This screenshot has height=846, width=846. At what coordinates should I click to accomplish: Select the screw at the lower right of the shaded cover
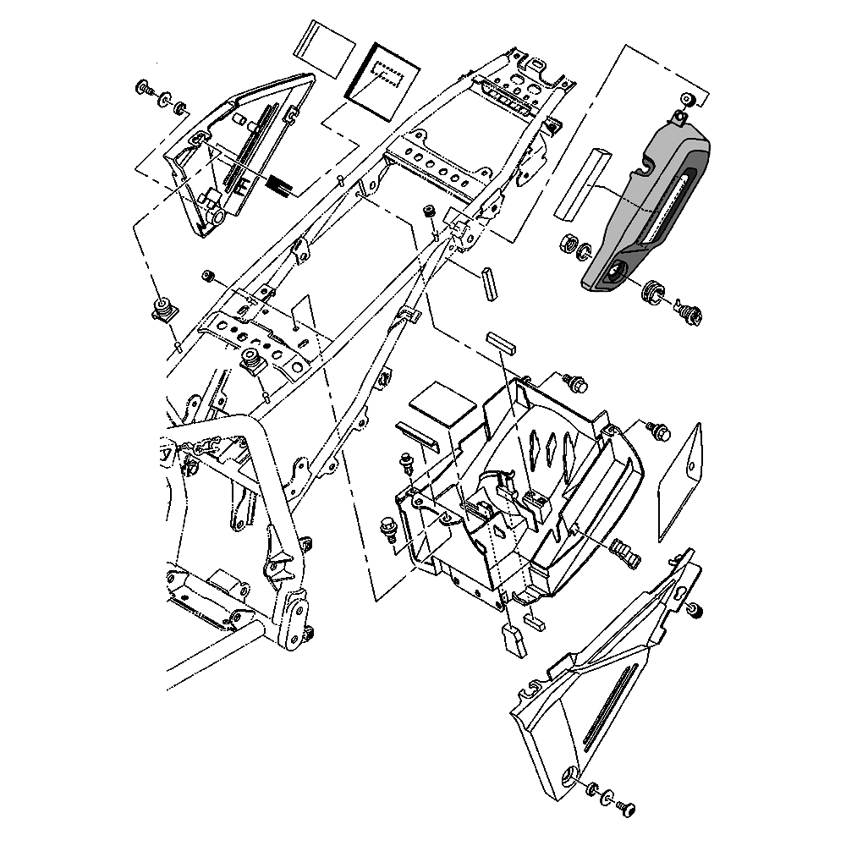(690, 312)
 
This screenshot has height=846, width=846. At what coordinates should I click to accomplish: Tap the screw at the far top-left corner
(144, 87)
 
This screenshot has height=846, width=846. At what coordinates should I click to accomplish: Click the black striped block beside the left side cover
(279, 183)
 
